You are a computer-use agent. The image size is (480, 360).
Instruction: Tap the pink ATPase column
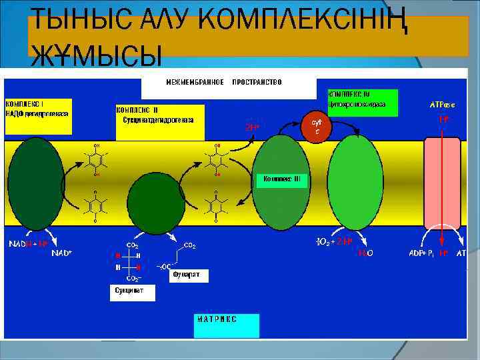(x=443, y=183)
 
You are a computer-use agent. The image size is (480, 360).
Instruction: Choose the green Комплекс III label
(x=282, y=179)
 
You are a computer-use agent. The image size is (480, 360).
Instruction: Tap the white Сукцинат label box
(x=131, y=291)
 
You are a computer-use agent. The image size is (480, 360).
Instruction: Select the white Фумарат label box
(x=188, y=274)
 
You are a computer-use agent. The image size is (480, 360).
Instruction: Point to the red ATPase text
(x=442, y=105)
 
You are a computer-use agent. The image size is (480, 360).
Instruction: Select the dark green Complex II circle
(x=156, y=202)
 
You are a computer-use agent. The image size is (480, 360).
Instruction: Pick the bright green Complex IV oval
(x=355, y=184)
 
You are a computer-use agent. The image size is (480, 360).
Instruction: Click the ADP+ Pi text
(x=421, y=254)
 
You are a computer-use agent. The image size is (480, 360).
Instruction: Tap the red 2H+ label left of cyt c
(x=252, y=126)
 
